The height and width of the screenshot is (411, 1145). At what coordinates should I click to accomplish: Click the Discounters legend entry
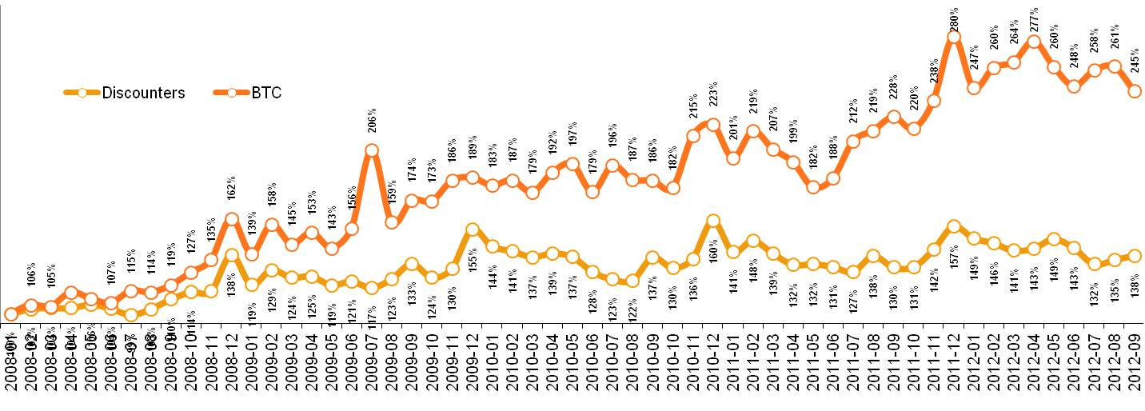pos(142,93)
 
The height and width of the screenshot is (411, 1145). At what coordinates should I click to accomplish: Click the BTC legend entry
pos(266,93)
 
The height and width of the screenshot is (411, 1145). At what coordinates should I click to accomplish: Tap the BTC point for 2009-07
pos(371,150)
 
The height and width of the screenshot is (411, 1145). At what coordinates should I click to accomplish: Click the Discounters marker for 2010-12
pos(712,220)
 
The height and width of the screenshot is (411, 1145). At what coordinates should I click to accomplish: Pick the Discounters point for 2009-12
pos(472,229)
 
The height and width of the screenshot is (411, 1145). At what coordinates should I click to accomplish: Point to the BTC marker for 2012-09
pos(1134,91)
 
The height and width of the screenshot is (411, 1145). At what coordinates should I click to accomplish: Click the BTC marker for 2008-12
pos(231,218)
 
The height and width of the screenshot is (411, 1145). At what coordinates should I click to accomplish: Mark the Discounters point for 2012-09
pos(1134,256)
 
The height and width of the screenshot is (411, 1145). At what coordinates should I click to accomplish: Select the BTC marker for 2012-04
pos(1034,42)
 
